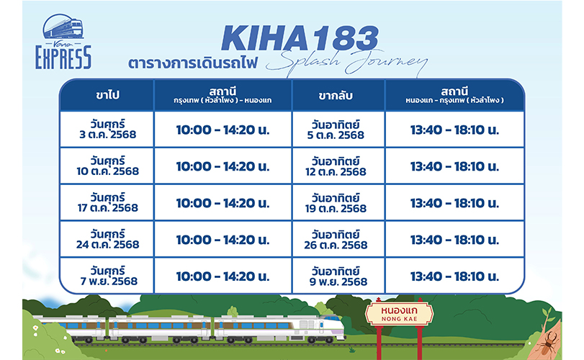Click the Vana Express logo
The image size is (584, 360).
[63, 42]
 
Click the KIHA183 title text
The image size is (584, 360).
[300, 38]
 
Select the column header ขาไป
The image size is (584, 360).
[107, 95]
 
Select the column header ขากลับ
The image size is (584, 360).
[336, 96]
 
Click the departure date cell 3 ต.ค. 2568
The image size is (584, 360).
[107, 129]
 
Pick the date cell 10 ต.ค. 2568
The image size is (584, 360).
[107, 166]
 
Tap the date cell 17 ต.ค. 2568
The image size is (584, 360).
[107, 202]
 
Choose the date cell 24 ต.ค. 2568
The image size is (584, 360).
[107, 239]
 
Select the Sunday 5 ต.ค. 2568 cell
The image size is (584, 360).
[336, 130]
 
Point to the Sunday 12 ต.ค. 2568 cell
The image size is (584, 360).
[336, 166]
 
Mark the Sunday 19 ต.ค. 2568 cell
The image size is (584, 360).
[336, 203]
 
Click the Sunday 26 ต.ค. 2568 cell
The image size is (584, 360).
[336, 240]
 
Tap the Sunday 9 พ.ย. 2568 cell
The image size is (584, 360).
[338, 276]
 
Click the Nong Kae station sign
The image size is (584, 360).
[399, 313]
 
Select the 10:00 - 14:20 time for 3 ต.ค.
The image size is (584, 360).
[223, 130]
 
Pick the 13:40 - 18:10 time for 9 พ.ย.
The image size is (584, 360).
[454, 276]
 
